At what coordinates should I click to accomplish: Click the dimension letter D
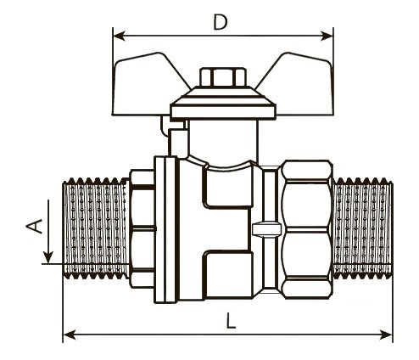tap(221, 22)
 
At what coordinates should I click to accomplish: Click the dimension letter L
tap(231, 321)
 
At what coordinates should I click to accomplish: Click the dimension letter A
tap(34, 226)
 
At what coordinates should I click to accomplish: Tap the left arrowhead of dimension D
tap(119, 37)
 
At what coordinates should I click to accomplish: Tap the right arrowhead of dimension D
tap(327, 37)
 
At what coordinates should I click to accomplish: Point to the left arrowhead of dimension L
tap(70, 335)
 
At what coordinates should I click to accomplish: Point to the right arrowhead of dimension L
tap(386, 335)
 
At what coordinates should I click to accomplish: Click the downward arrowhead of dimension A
tap(48, 256)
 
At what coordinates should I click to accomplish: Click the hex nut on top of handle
tap(223, 76)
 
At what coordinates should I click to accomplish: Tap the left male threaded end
tap(95, 228)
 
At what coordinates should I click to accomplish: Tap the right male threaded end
tap(363, 228)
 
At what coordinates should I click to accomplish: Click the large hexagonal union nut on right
tap(308, 229)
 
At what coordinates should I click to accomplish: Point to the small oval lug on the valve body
tap(267, 228)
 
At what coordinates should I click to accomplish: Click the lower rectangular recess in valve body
tap(228, 274)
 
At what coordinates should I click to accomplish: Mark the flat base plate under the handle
tap(223, 111)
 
